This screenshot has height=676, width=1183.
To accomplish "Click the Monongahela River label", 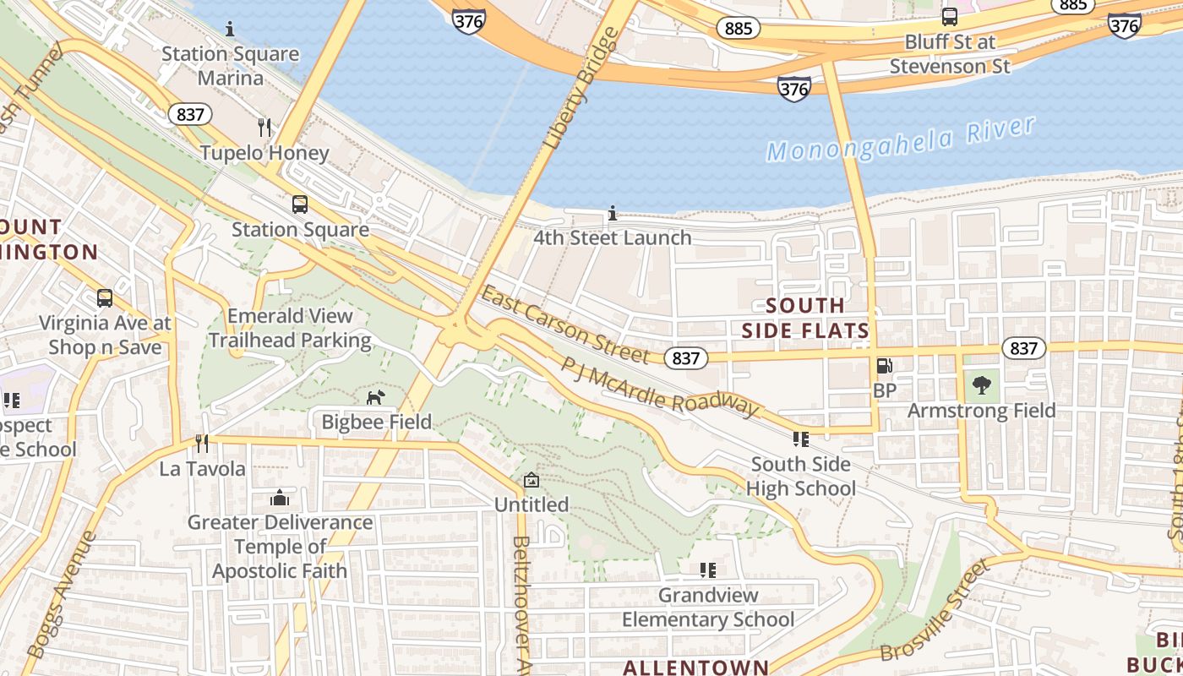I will [x=900, y=140].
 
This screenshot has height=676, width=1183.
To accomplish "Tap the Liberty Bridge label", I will [x=583, y=89].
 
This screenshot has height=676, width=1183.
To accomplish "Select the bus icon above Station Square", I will [x=299, y=204].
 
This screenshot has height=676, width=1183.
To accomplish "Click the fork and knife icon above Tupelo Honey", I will [x=264, y=128].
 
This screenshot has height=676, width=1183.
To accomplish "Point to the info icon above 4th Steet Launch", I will [x=613, y=214].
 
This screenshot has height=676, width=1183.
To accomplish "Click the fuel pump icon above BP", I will [x=884, y=366].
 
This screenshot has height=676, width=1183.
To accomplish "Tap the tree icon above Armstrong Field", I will [x=981, y=385].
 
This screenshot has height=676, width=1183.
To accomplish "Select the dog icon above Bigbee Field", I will [x=375, y=397].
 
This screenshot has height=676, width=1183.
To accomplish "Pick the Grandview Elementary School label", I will [x=708, y=608].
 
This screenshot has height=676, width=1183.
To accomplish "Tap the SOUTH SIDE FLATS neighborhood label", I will [x=805, y=318].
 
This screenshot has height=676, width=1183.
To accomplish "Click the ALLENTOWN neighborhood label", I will [x=695, y=667].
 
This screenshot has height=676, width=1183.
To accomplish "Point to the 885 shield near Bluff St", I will [x=738, y=29].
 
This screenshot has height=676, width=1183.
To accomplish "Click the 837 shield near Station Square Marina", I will [x=189, y=114].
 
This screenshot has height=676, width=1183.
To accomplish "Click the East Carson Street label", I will [x=564, y=325].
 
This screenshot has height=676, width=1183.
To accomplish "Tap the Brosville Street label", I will [x=934, y=610].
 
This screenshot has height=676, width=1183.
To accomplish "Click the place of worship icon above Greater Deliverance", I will [x=279, y=499].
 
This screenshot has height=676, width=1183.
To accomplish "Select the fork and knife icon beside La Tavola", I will [x=201, y=443].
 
